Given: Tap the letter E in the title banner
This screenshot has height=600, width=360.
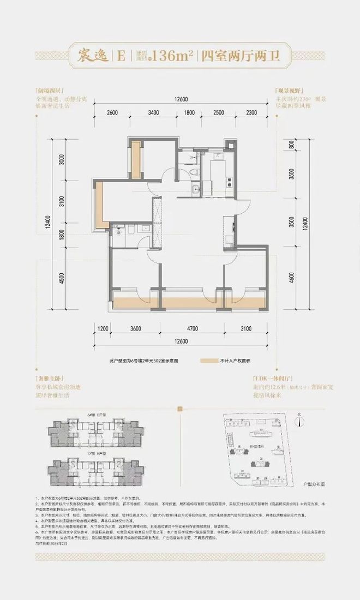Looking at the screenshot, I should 121,55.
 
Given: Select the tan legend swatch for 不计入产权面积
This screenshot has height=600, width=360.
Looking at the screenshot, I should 209,361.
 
